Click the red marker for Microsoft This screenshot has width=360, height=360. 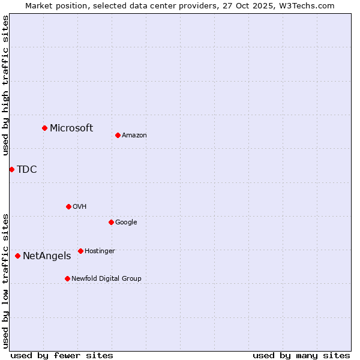(x=44, y=128)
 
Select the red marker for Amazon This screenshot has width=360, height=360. (x=118, y=135)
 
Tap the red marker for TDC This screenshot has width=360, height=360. (x=11, y=169)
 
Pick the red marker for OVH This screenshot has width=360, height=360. (x=68, y=206)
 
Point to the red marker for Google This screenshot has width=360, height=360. (x=111, y=222)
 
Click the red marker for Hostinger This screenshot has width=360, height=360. (x=80, y=251)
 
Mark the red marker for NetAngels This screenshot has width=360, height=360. (x=17, y=256)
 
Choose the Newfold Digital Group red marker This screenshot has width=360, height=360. (x=67, y=278)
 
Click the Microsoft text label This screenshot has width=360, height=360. (x=71, y=128)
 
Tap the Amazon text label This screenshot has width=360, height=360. (x=134, y=135)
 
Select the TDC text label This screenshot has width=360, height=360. (x=27, y=169)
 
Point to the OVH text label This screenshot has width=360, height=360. (x=80, y=206)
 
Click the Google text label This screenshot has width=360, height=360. (x=126, y=222)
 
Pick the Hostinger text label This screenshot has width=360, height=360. (x=100, y=251)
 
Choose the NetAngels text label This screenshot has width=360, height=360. (x=47, y=256)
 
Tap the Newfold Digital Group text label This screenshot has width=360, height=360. (x=106, y=278)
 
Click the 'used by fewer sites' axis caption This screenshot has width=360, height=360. (x=62, y=355)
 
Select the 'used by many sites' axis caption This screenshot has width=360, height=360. (x=301, y=355)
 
